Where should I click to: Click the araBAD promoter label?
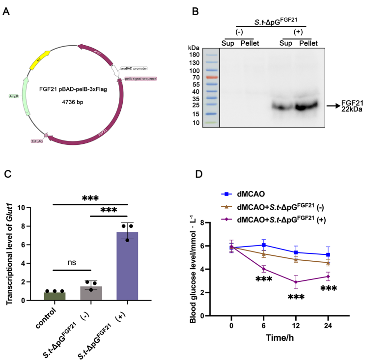pos(134,69)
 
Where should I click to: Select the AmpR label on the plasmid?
pos(14,96)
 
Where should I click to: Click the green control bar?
pos(54,296)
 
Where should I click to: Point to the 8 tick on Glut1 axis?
pos(35,226)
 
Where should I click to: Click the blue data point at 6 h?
pos(264,245)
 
